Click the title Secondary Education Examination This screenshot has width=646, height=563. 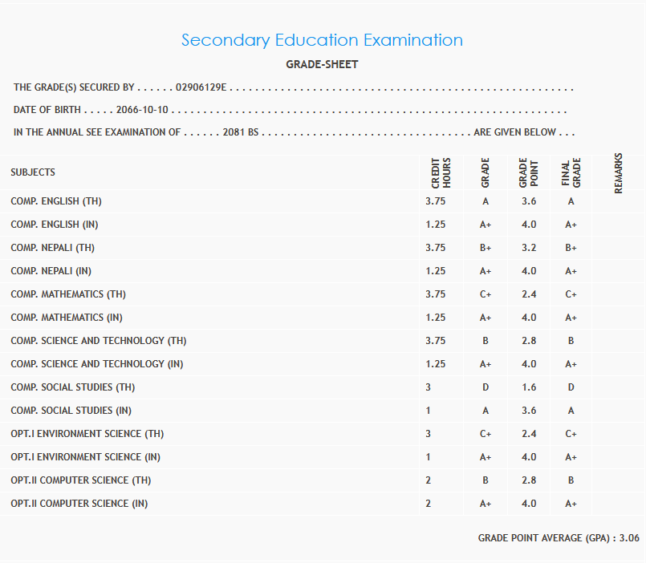(322, 40)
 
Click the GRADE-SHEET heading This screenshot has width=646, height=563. (322, 64)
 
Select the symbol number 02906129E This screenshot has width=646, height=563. (201, 87)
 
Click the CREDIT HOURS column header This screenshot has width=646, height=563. (441, 172)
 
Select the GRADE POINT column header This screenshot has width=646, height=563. (528, 172)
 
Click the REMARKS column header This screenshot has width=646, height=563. (618, 172)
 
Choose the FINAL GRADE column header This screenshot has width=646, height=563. (571, 172)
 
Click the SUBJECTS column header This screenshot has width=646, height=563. (33, 172)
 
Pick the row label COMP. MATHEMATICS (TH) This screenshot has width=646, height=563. (68, 294)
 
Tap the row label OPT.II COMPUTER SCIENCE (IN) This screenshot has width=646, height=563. (79, 504)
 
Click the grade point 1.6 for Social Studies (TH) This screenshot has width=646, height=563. (528, 387)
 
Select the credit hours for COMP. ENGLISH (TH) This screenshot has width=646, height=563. (435, 201)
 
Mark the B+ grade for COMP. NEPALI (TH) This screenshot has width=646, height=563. (485, 248)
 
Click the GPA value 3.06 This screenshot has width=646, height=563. (629, 538)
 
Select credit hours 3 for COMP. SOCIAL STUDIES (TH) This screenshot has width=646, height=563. (429, 387)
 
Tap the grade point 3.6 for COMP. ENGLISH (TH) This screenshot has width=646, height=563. (528, 201)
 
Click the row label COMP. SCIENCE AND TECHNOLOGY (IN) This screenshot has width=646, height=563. (96, 364)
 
